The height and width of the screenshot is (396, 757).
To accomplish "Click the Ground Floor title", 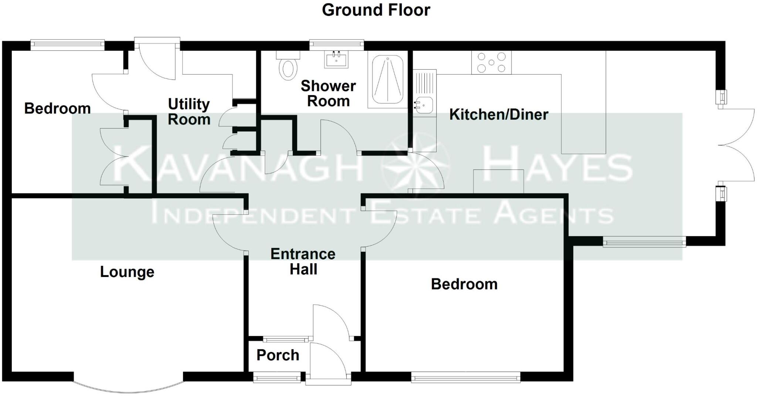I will [x=376, y=10].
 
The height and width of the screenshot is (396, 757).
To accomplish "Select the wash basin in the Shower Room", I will [x=336, y=60].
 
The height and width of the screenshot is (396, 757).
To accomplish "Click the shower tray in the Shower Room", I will [x=387, y=79].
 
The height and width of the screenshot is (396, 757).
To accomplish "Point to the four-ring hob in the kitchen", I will [x=491, y=62].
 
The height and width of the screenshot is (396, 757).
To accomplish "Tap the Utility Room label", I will [x=189, y=112].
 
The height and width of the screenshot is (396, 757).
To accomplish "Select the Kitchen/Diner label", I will [x=498, y=114].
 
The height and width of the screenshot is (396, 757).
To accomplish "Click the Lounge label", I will [x=127, y=272].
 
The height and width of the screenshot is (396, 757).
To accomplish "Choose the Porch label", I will [x=278, y=355].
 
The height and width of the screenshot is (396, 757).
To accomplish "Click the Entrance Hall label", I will [x=303, y=261].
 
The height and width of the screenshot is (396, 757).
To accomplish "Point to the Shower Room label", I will [x=328, y=93].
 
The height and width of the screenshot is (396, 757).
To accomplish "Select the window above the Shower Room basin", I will [x=336, y=45].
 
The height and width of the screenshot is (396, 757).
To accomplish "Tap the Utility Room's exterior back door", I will [x=157, y=59].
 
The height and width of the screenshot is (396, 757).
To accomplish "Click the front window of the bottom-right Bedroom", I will [x=466, y=378].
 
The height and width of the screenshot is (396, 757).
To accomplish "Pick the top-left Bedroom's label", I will [x=57, y=108].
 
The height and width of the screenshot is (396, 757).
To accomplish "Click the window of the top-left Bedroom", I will [x=67, y=45].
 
